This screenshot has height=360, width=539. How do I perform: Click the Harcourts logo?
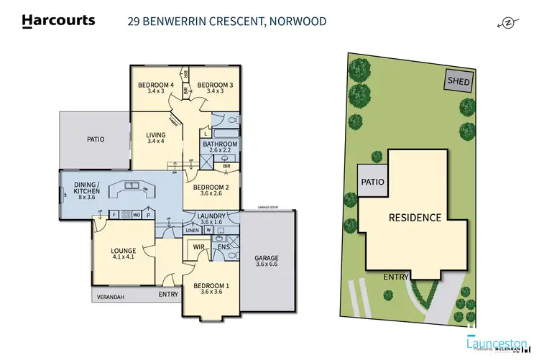click(x=58, y=20)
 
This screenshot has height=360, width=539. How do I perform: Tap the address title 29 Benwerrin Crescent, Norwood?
click(x=226, y=21)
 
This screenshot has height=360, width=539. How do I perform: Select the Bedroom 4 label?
click(x=156, y=88)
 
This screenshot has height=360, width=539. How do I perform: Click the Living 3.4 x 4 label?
click(x=156, y=138)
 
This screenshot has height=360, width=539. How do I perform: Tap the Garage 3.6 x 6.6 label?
click(x=266, y=262)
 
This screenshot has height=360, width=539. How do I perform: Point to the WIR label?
click(x=199, y=247)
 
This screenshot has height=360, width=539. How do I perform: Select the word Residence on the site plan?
click(x=415, y=217)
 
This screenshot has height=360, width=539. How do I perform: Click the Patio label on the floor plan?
click(x=96, y=139)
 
